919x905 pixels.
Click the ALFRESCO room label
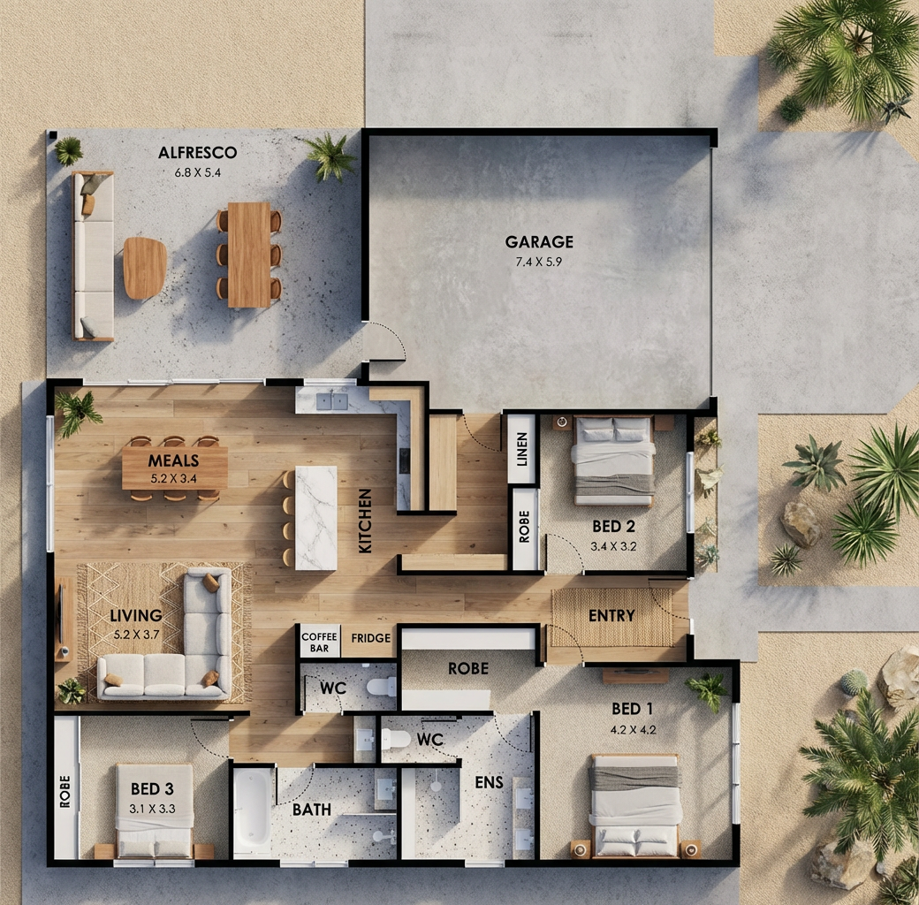(x=198, y=152)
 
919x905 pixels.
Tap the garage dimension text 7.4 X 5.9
(x=539, y=262)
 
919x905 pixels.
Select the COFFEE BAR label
(x=319, y=642)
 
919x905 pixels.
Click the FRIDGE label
(x=370, y=638)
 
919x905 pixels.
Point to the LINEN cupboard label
(x=522, y=449)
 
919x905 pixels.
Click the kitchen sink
(x=331, y=401)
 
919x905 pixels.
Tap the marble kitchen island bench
(x=316, y=518)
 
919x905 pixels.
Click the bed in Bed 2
(x=613, y=460)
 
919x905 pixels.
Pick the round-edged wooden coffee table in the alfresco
(x=145, y=268)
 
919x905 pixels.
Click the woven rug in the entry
(x=612, y=617)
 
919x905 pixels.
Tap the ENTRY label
(x=611, y=615)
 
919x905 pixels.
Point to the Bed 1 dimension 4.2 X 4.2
(x=633, y=730)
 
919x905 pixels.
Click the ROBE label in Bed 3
(x=65, y=791)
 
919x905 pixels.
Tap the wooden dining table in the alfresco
(x=249, y=255)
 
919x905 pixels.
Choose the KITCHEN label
(x=365, y=521)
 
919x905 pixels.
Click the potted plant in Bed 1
(x=708, y=690)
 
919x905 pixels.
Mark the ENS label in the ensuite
(x=490, y=782)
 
